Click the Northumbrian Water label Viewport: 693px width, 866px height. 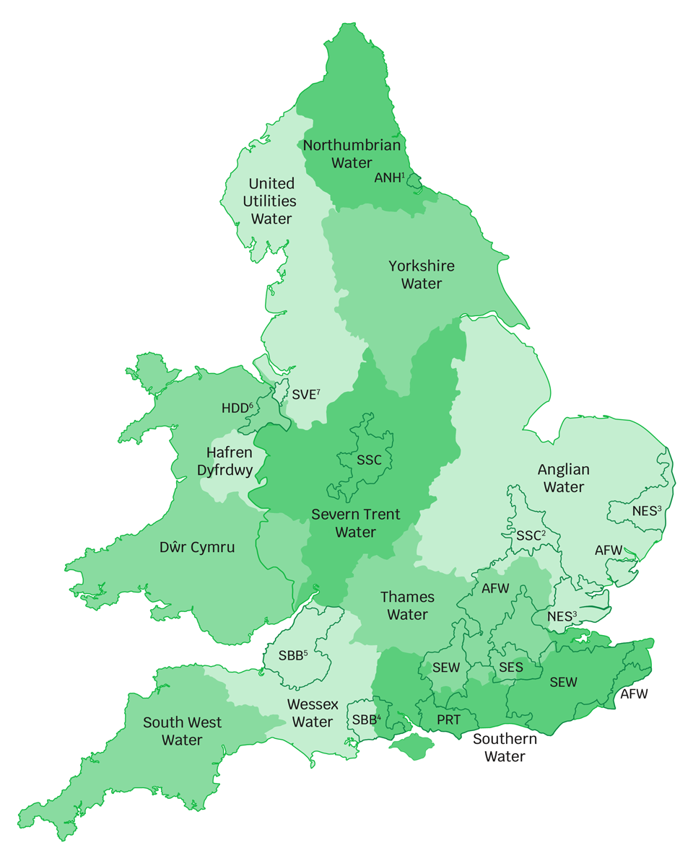352,154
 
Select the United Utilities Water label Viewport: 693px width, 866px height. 271,201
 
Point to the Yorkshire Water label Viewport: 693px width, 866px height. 422,274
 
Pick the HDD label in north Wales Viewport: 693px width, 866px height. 237,408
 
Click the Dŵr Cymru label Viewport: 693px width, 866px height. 197,547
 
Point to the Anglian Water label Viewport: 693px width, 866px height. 563,478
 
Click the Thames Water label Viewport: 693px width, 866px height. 407,605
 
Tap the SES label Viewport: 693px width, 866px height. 510,668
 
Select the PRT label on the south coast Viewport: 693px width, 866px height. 448,720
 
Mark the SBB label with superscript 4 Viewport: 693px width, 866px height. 366,720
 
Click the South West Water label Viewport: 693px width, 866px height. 182,731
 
